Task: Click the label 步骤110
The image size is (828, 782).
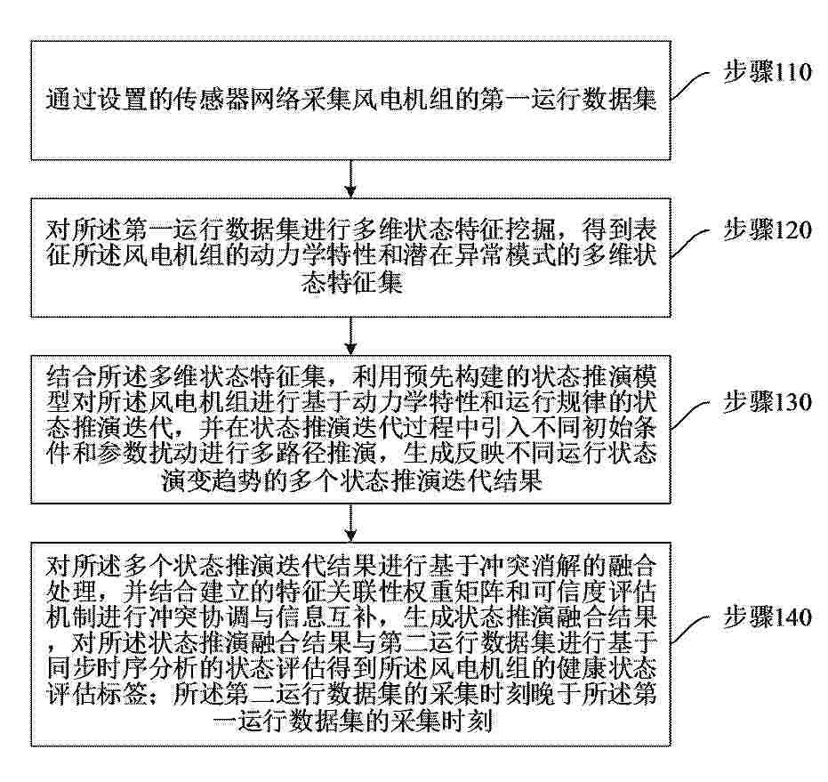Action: (x=767, y=74)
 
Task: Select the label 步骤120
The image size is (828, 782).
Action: (x=767, y=231)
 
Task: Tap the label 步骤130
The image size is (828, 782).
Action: (x=767, y=402)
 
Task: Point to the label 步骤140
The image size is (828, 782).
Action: (x=767, y=617)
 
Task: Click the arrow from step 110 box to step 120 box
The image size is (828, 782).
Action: (x=353, y=179)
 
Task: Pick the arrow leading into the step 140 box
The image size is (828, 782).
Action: (x=353, y=520)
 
